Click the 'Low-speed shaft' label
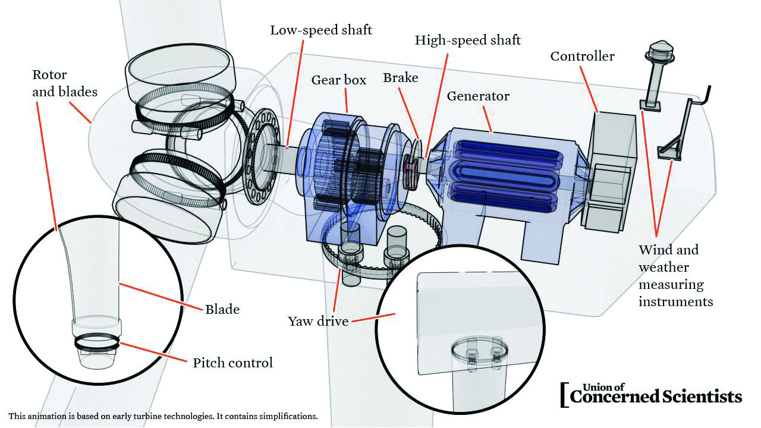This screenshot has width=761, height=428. point(321,30)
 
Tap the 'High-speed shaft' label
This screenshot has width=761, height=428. point(467,40)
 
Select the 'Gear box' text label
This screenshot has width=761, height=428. point(338,80)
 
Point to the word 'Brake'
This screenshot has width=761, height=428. point(400,78)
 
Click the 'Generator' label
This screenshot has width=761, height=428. point(478,96)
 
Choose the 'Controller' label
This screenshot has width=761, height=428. point(582,56)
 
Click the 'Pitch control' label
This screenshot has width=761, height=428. point(232,363)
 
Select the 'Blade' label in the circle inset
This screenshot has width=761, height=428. point(222,309)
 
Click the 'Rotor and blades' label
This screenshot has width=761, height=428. point(64,83)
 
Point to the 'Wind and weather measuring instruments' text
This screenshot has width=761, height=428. point(675,275)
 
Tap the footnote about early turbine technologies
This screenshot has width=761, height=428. point(163,416)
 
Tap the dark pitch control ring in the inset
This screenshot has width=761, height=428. point(98,343)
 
